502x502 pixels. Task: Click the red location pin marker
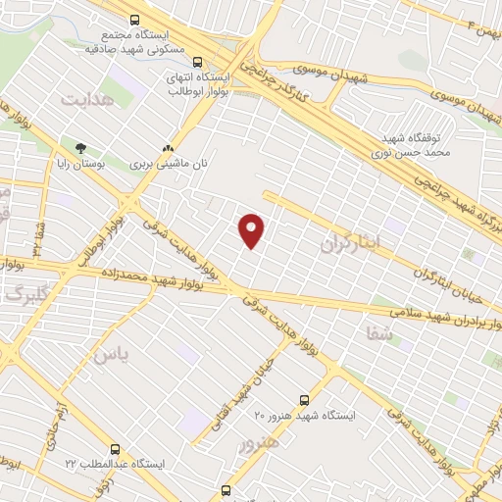(x=252, y=230)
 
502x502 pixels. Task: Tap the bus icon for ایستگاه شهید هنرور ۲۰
(x=304, y=400)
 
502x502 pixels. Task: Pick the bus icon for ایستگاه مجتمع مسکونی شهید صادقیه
(x=133, y=20)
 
